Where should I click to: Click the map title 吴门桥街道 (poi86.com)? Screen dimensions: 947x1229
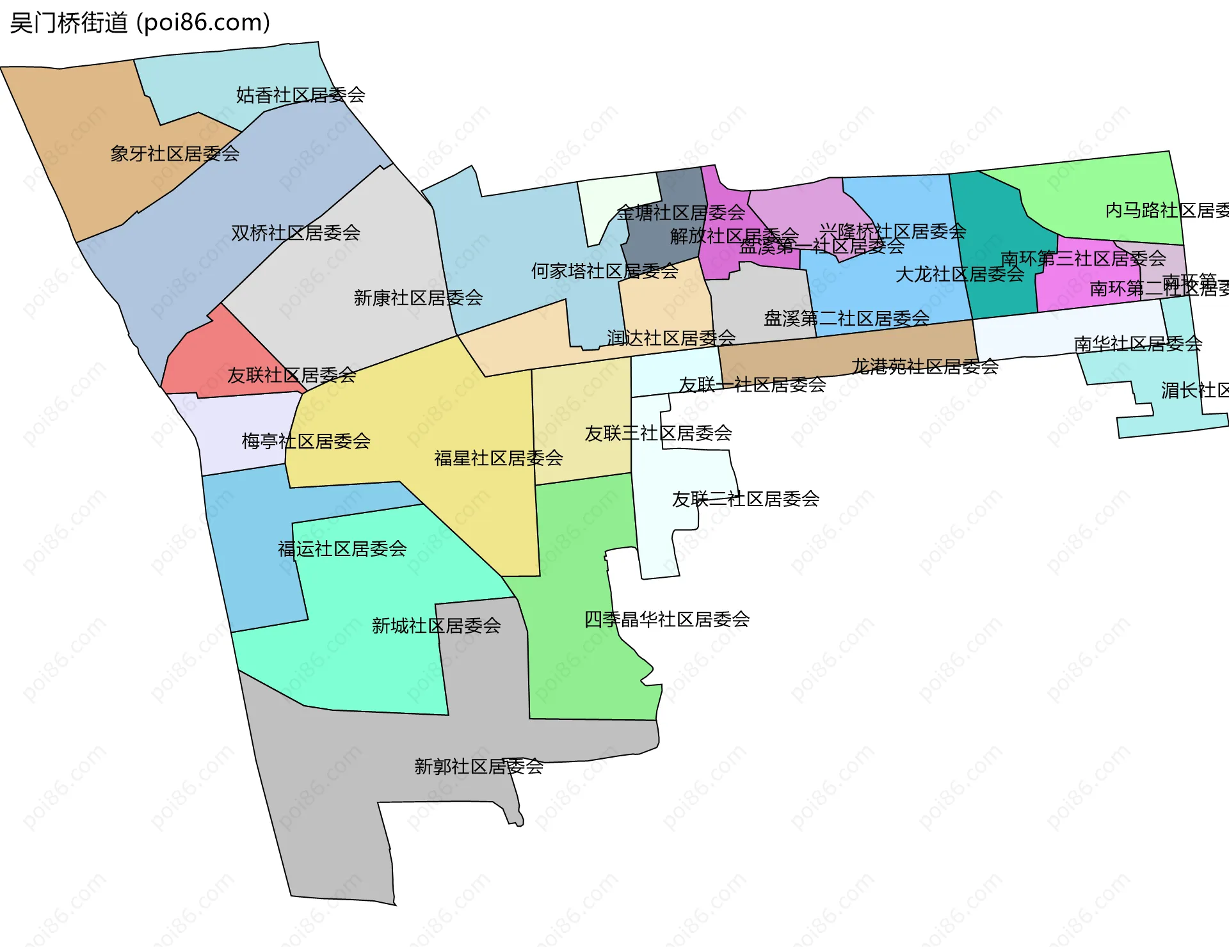[140, 23]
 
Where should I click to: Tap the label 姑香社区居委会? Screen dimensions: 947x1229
[300, 95]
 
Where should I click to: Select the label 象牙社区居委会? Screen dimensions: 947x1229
[175, 154]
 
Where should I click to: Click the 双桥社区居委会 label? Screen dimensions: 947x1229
[296, 233]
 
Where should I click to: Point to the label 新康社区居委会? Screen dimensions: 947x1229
[418, 298]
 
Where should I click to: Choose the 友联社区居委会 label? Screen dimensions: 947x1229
[292, 375]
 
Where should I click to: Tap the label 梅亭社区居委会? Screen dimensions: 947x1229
[306, 441]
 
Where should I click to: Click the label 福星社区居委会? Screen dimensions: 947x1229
[498, 458]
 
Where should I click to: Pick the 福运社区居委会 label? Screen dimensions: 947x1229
[342, 549]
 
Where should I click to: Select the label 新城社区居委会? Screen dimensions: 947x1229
[436, 626]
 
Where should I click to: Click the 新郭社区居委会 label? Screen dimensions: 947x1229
[479, 766]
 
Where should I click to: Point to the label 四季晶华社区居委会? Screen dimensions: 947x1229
[666, 619]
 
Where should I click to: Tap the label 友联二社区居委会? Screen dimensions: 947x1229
[745, 499]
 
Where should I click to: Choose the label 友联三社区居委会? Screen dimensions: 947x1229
[658, 433]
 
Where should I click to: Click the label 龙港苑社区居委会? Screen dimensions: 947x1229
[924, 367]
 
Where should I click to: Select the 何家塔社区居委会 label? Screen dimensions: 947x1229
[604, 271]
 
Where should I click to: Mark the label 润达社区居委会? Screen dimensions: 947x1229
[671, 338]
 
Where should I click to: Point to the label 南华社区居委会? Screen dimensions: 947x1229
[1137, 344]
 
